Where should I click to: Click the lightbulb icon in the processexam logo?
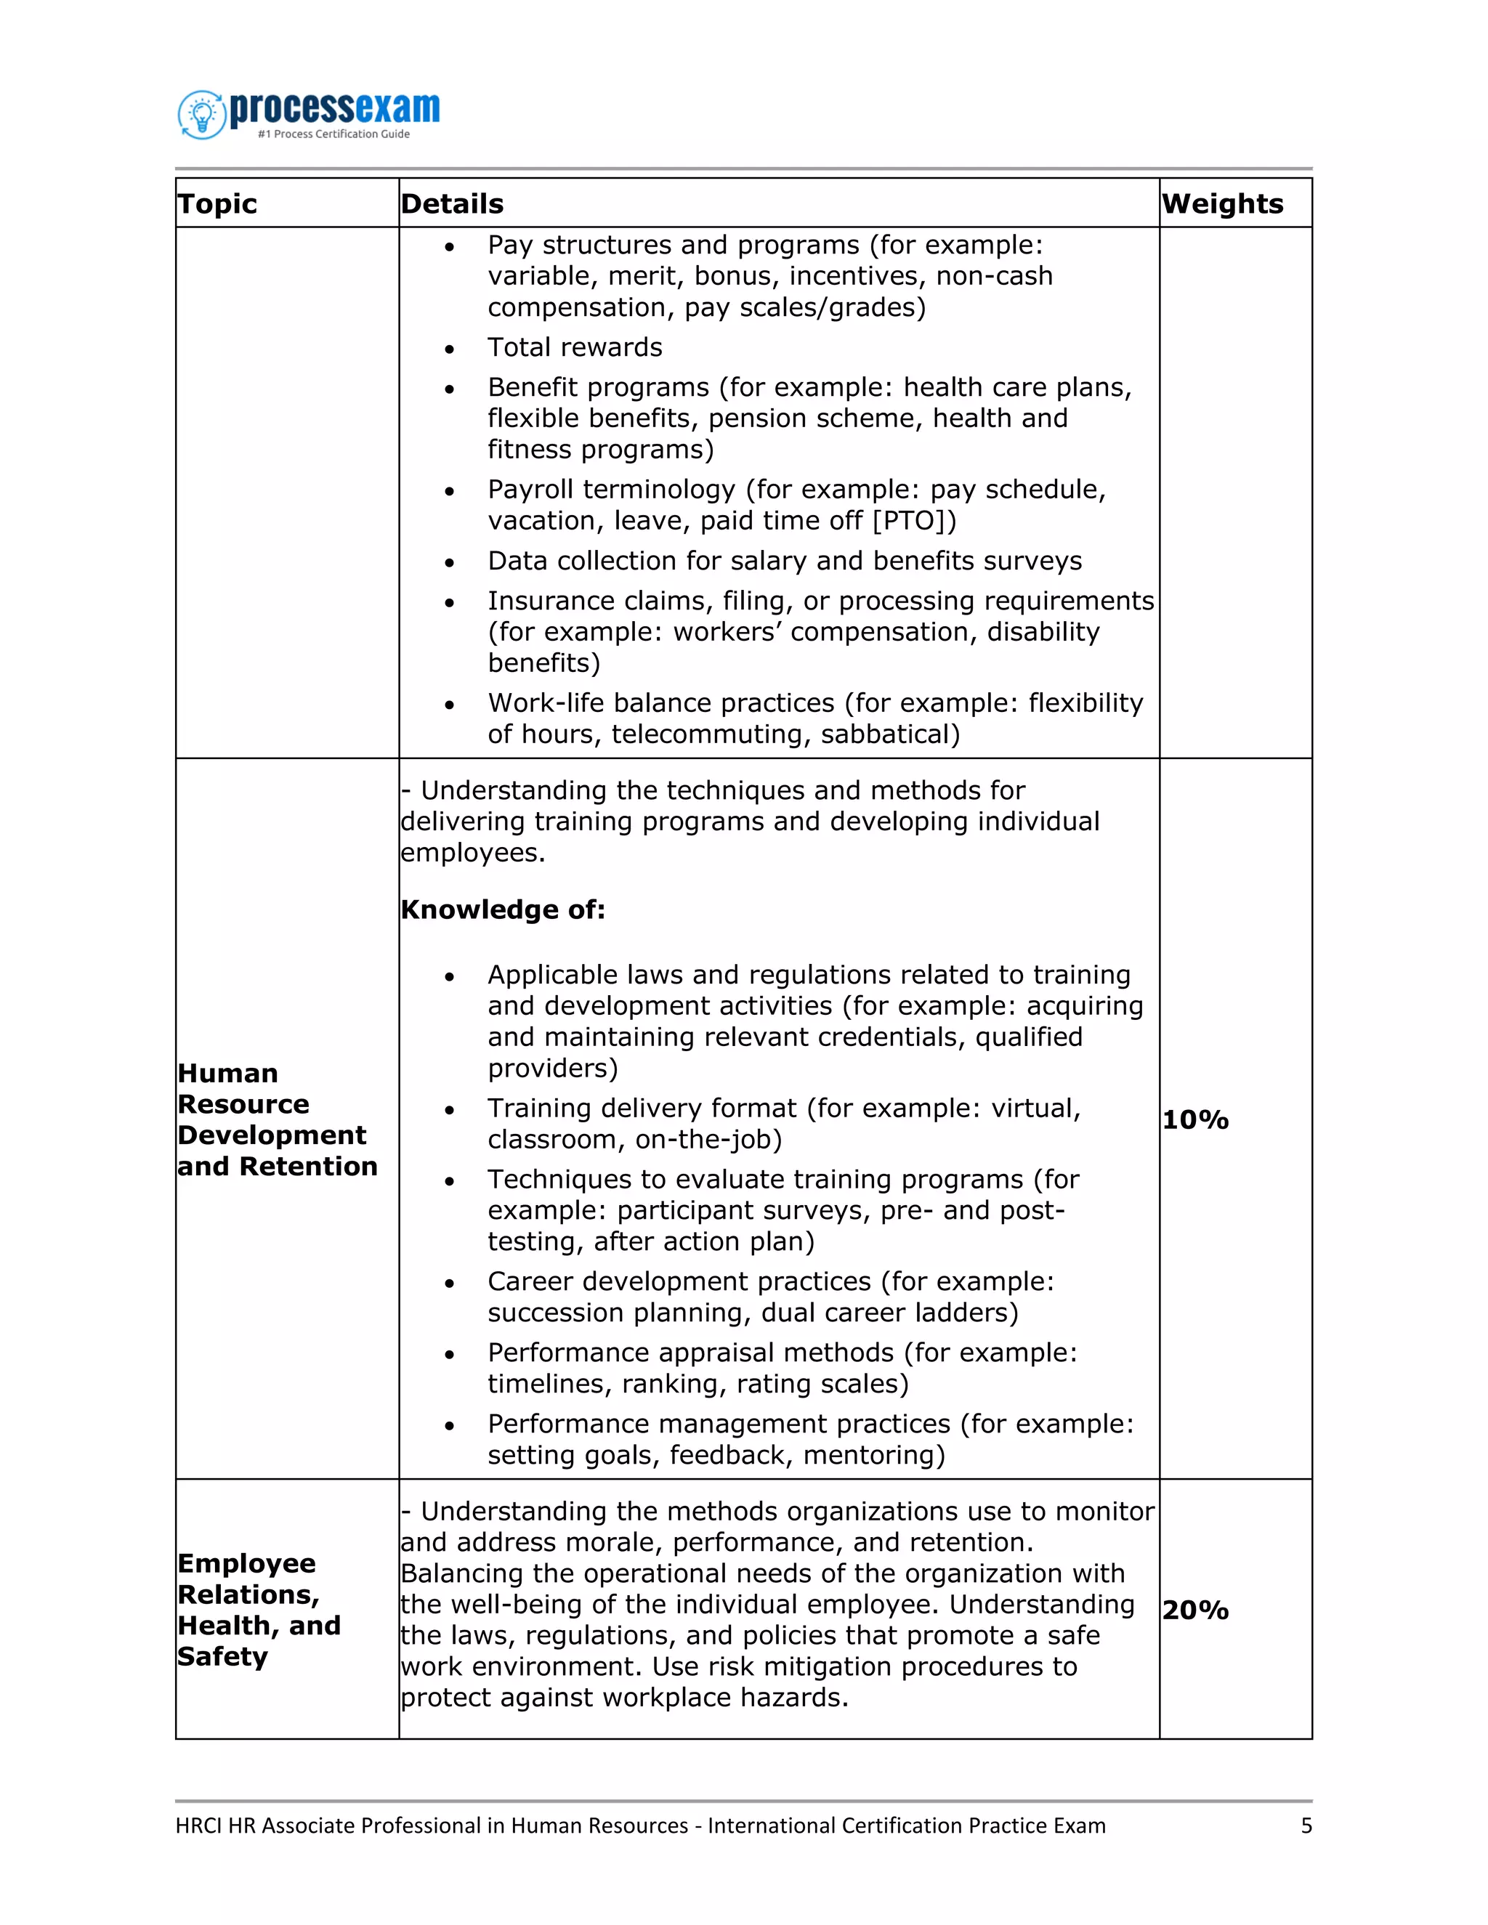(x=202, y=115)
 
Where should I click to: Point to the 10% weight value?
(x=1194, y=1119)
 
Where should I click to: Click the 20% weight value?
(x=1194, y=1610)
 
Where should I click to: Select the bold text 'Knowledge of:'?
(x=503, y=909)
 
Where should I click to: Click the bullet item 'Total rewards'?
(x=575, y=347)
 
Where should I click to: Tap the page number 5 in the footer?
(x=1306, y=1825)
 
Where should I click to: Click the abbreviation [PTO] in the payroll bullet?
(x=913, y=521)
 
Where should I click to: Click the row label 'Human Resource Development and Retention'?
(x=276, y=1119)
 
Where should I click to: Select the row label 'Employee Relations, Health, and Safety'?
(x=257, y=1610)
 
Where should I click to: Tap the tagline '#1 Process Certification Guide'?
(x=333, y=134)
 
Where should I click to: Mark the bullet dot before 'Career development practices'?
(x=450, y=1284)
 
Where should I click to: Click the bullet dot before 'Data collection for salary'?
(x=450, y=562)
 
